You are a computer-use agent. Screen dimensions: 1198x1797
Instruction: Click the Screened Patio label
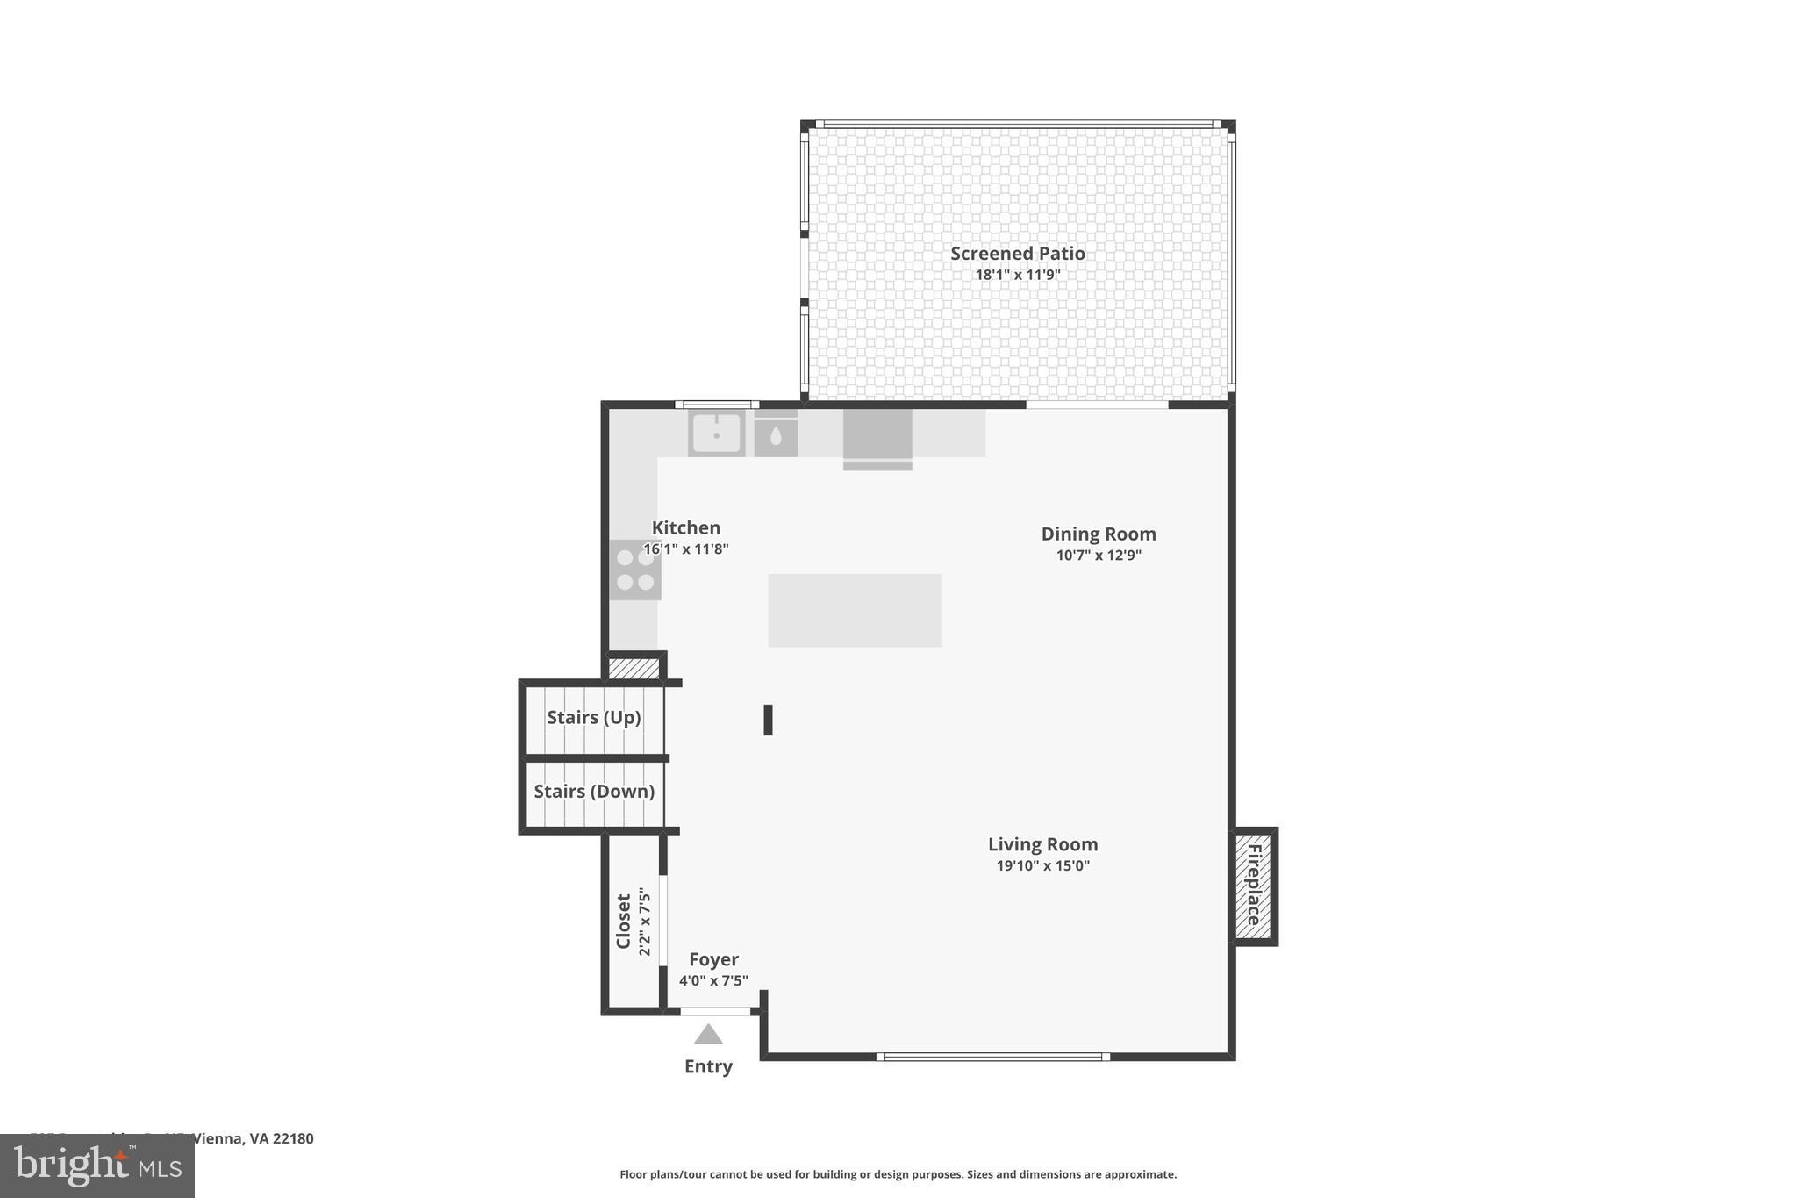[x=1017, y=254]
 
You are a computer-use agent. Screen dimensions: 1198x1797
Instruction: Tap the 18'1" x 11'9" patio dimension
[x=1017, y=275]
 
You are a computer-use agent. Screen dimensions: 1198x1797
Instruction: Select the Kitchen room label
[x=685, y=527]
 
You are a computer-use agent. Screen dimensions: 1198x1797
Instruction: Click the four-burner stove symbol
[x=635, y=570]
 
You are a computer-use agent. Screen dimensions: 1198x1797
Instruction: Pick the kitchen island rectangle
[x=855, y=611]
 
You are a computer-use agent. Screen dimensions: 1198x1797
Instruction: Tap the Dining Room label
[x=1098, y=534]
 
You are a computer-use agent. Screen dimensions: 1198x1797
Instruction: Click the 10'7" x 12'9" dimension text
[x=1098, y=555]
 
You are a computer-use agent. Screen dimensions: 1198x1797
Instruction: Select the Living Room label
[x=1042, y=844]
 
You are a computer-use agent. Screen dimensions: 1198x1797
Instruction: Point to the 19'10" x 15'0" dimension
[x=1042, y=865]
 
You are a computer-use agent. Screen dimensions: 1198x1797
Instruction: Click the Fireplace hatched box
[x=1254, y=886]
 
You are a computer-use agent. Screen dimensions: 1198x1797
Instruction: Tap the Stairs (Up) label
[x=593, y=717]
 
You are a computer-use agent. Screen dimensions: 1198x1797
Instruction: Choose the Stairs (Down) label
[x=593, y=791]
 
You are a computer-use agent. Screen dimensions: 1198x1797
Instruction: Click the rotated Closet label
[x=624, y=922]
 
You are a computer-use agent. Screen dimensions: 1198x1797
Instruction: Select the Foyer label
[x=713, y=959]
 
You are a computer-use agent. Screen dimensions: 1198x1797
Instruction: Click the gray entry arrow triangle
[x=708, y=1036]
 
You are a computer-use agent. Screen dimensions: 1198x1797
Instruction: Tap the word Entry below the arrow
[x=708, y=1066]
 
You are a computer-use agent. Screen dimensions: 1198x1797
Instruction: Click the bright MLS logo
[x=97, y=1166]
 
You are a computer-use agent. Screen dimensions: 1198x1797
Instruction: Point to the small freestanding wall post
[x=768, y=720]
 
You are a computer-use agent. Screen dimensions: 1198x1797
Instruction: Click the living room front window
[x=993, y=1057]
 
